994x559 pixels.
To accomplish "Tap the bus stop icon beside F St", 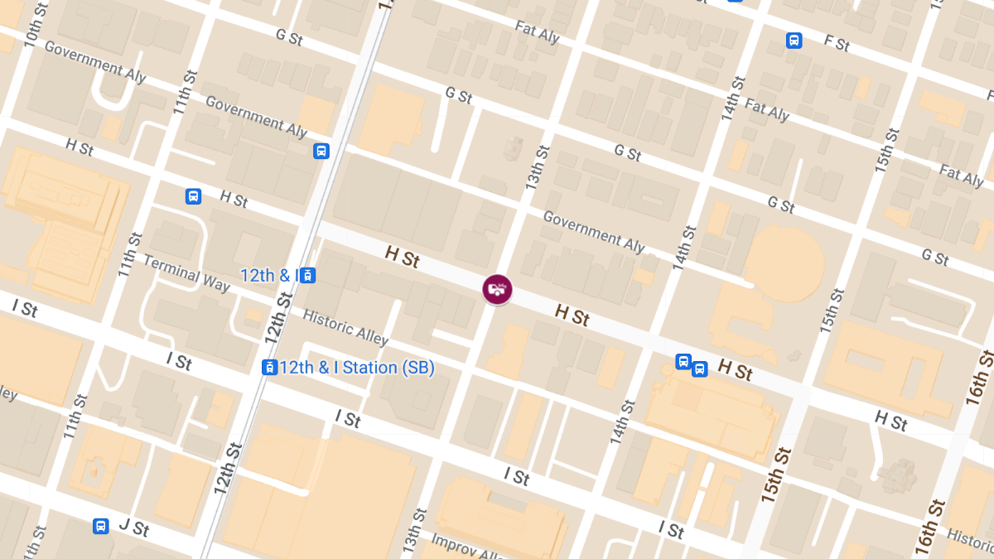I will [x=794, y=40].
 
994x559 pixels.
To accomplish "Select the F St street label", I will [x=837, y=43].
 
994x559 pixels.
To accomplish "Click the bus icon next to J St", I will [x=100, y=526].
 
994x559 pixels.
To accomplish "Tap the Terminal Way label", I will [x=186, y=272].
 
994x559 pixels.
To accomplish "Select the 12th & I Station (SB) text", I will [x=357, y=367].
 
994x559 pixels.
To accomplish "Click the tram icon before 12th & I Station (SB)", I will [x=269, y=367].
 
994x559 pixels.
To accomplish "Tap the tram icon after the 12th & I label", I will [x=307, y=275].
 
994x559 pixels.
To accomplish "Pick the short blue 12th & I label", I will [x=268, y=275].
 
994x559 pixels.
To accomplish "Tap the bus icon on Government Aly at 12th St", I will [x=321, y=151].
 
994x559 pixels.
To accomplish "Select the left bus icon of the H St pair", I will [x=683, y=361].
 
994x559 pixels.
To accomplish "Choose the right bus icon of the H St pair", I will [x=700, y=369].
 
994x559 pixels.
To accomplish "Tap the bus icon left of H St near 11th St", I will [x=193, y=196].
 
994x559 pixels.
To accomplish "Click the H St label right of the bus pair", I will [x=735, y=369].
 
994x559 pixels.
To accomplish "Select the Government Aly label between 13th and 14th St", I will [x=593, y=230].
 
